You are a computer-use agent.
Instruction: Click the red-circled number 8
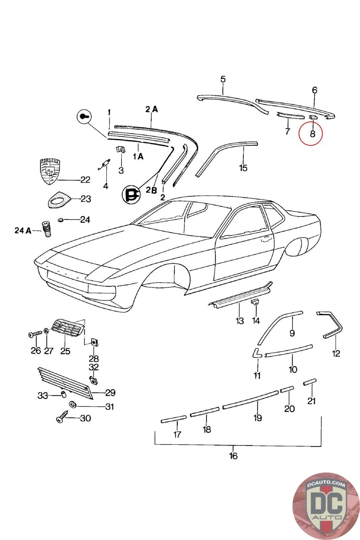(x=312, y=134)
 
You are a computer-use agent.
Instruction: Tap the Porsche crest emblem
(x=49, y=171)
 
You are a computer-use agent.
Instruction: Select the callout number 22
(x=85, y=180)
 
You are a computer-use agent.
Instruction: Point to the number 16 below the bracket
(x=233, y=456)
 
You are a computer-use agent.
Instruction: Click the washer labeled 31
(x=72, y=404)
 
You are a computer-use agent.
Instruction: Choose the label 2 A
(x=151, y=109)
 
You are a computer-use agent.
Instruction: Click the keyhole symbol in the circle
(x=84, y=117)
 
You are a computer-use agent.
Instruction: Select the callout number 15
(x=243, y=167)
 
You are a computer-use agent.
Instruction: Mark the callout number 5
(x=223, y=80)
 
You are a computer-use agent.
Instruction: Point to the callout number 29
(x=110, y=393)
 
